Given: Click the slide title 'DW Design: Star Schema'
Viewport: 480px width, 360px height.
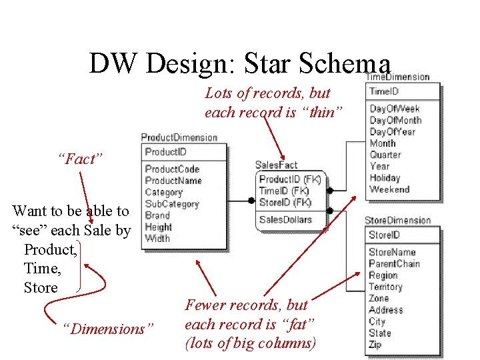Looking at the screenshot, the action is pyautogui.click(x=239, y=63).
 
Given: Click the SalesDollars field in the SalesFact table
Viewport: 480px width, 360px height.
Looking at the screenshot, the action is pyautogui.click(x=285, y=219).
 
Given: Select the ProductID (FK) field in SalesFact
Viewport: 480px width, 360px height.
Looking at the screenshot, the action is pyautogui.click(x=290, y=179).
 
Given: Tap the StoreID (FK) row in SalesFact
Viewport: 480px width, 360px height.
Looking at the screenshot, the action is pyautogui.click(x=285, y=202).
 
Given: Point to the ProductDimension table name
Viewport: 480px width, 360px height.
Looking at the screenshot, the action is pyautogui.click(x=179, y=137).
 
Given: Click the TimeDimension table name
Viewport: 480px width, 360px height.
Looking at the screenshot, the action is pyautogui.click(x=397, y=77).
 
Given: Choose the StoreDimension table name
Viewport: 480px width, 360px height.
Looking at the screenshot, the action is pyautogui.click(x=397, y=220).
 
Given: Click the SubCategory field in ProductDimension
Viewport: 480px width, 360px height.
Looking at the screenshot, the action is pyautogui.click(x=172, y=204).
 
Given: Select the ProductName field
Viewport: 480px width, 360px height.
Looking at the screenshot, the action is pyautogui.click(x=173, y=181).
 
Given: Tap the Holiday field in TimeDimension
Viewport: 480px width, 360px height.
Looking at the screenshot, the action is pyautogui.click(x=385, y=178).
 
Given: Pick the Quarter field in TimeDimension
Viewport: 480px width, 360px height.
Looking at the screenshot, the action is pyautogui.click(x=385, y=155).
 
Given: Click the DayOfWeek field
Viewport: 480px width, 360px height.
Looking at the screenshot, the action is pyautogui.click(x=395, y=109).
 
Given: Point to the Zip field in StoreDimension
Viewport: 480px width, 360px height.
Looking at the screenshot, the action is pyautogui.click(x=375, y=345).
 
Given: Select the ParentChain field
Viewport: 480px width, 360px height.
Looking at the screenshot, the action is pyautogui.click(x=394, y=263).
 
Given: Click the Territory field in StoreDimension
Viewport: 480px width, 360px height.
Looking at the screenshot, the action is pyautogui.click(x=385, y=287).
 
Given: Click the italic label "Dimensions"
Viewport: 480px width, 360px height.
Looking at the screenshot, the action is pyautogui.click(x=107, y=329).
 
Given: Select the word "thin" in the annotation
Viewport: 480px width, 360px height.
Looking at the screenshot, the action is pyautogui.click(x=321, y=112).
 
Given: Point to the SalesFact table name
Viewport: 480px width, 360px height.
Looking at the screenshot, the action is pyautogui.click(x=276, y=165).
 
